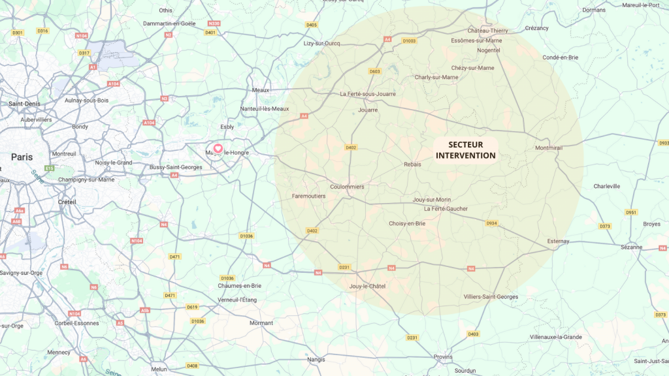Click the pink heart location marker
tap(218, 149)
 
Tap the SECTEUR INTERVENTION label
tap(465, 149)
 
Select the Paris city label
tap(22, 157)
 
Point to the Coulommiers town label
tap(347, 187)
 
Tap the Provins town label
tap(442, 356)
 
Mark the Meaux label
tap(261, 90)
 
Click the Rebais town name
tap(412, 164)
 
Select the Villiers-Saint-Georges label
tap(491, 297)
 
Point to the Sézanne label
tap(631, 247)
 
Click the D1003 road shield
tap(409, 40)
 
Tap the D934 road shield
tap(492, 223)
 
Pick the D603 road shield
tap(374, 71)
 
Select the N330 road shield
tap(214, 23)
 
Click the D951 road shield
tap(630, 212)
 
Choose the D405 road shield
tap(311, 25)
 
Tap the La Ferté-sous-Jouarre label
tap(368, 94)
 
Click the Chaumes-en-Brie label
tap(240, 286)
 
